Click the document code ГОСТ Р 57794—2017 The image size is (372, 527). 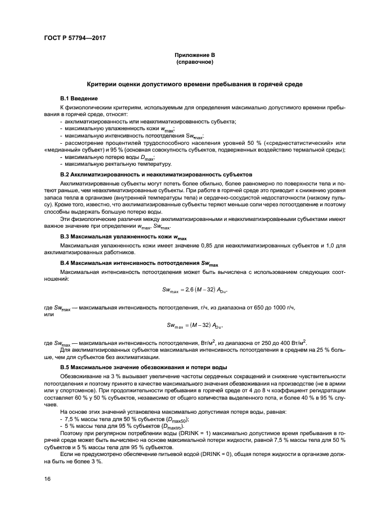point(74,38)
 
